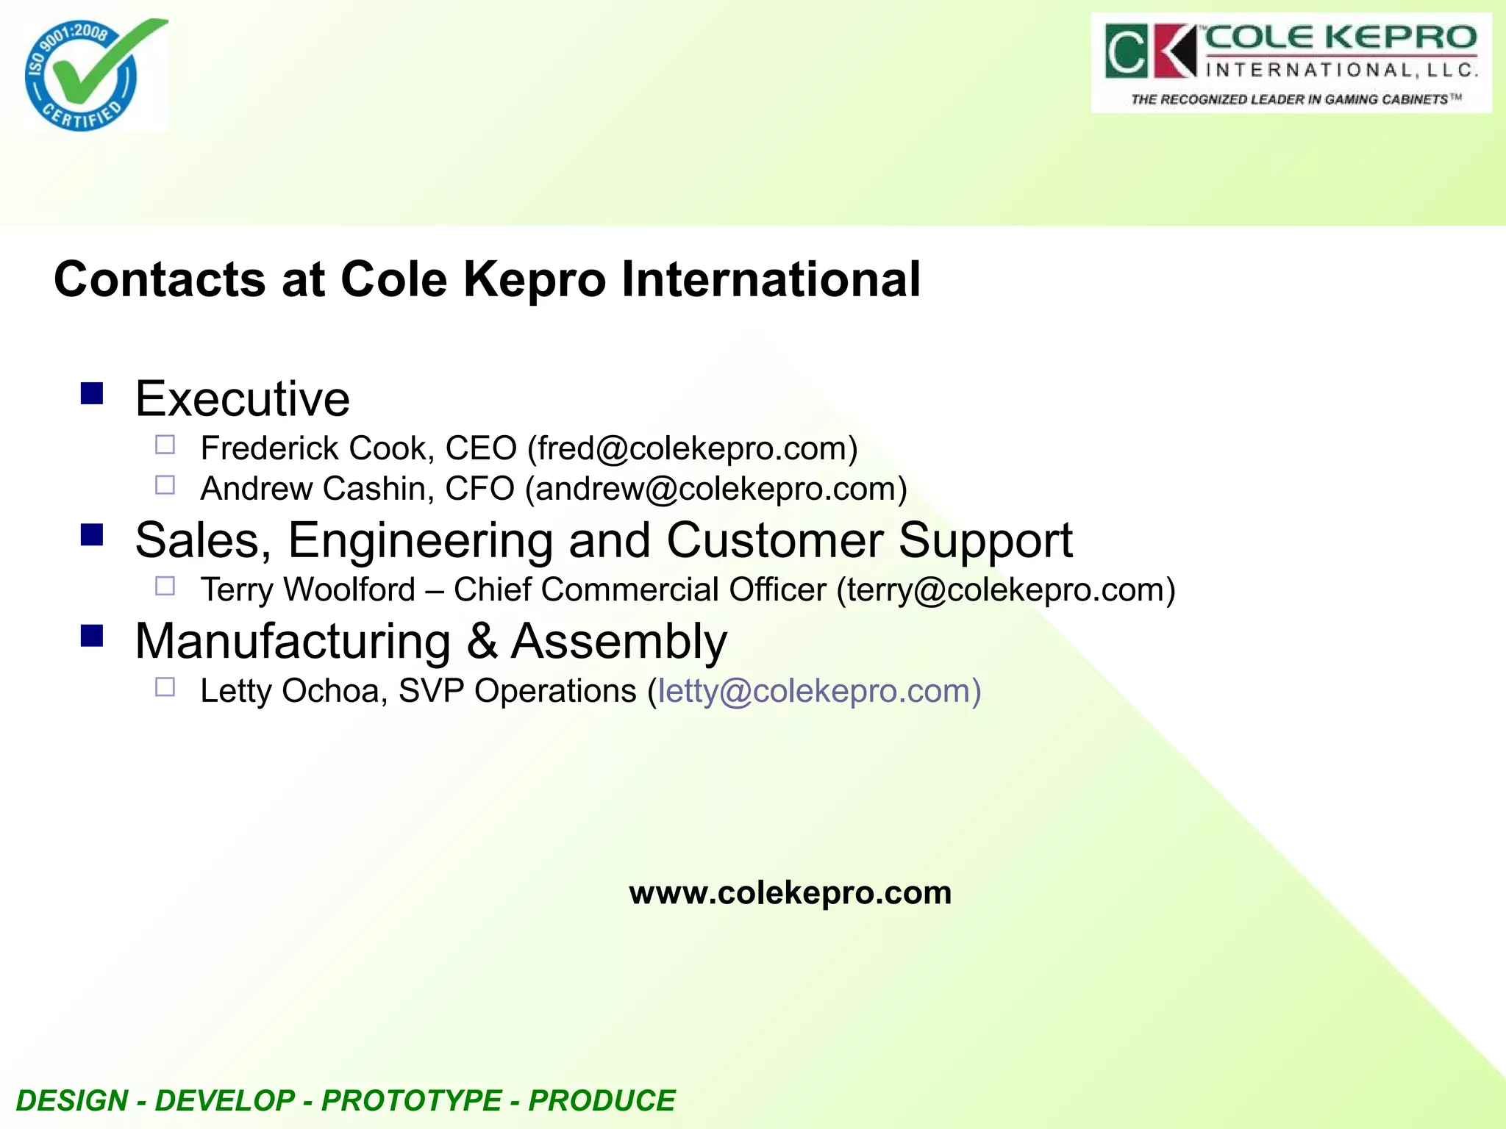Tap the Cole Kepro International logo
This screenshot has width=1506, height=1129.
pyautogui.click(x=1291, y=63)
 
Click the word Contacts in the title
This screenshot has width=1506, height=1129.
pyautogui.click(x=160, y=280)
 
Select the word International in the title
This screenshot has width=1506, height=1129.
pyautogui.click(x=771, y=280)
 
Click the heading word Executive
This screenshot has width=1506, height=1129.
pyautogui.click(x=243, y=399)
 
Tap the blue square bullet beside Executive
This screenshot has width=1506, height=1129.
pyautogui.click(x=92, y=393)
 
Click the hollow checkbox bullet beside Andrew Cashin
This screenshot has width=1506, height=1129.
pyautogui.click(x=165, y=485)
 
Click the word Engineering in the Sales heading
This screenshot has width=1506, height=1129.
pyautogui.click(x=420, y=540)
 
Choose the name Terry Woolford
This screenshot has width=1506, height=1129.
pyautogui.click(x=308, y=589)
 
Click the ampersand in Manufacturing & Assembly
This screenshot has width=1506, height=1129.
pyautogui.click(x=482, y=641)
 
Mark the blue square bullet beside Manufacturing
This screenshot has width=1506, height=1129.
pyautogui.click(x=92, y=636)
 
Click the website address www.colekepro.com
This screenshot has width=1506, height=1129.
pyautogui.click(x=791, y=893)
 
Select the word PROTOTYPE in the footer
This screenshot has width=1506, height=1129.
pyautogui.click(x=412, y=1100)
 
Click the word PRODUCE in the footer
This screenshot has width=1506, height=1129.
pyautogui.click(x=602, y=1100)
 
